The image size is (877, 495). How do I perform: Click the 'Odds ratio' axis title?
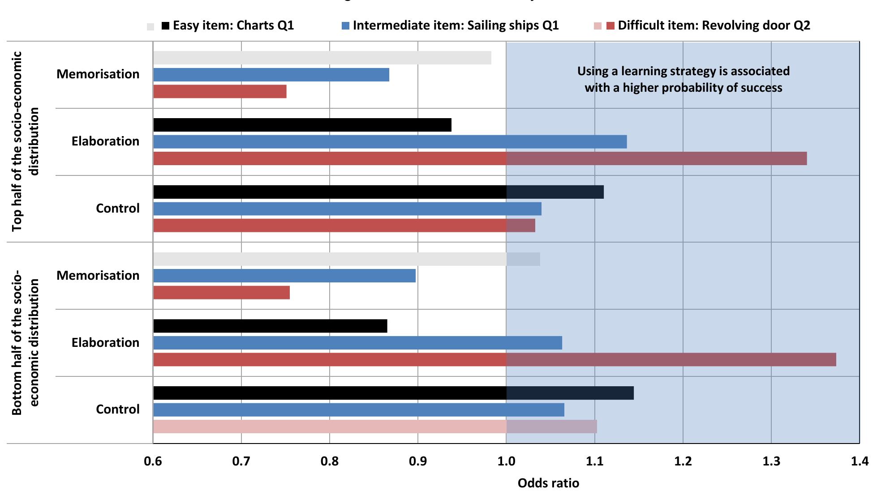(x=548, y=483)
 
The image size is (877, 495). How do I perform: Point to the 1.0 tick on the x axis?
(x=506, y=461)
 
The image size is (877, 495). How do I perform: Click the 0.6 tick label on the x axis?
(x=153, y=461)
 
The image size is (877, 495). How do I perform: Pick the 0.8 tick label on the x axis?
(x=330, y=461)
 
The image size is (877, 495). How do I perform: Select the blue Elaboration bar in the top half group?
(x=390, y=141)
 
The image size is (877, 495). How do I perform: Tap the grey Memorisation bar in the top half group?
(x=322, y=58)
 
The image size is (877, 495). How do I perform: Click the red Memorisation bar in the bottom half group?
(x=221, y=293)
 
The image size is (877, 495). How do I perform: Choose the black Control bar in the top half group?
(x=378, y=192)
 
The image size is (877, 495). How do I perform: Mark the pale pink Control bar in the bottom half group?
(x=375, y=427)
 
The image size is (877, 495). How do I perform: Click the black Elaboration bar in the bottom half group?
(x=270, y=326)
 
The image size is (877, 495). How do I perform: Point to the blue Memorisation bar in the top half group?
(x=271, y=75)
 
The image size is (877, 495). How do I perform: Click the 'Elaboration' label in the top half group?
(x=105, y=141)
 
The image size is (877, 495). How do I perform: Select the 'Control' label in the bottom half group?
(x=118, y=410)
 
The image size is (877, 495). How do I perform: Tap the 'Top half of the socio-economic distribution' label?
(x=25, y=141)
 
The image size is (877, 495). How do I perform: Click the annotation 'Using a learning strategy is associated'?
(x=683, y=71)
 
